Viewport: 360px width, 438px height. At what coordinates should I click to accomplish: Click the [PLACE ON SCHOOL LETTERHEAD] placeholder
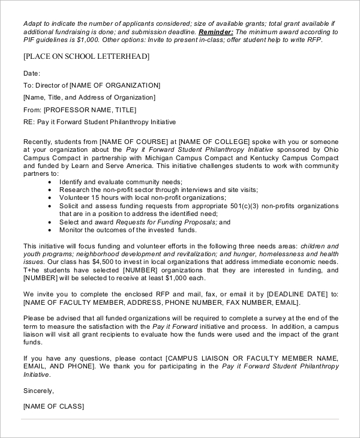click(86, 56)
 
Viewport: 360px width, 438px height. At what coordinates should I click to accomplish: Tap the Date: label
click(32, 73)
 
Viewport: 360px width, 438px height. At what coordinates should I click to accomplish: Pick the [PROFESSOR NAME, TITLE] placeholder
click(90, 110)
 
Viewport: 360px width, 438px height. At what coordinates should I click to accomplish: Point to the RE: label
click(29, 122)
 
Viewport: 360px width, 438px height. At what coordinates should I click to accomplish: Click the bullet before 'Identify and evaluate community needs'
click(49, 181)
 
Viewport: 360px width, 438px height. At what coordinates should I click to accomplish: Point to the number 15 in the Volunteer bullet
click(97, 197)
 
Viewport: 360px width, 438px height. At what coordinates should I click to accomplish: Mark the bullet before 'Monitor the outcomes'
click(49, 230)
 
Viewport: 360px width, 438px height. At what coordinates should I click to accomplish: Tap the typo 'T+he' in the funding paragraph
click(31, 271)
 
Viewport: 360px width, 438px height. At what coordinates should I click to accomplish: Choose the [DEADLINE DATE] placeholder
click(295, 295)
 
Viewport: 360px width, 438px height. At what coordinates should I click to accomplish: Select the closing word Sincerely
click(38, 391)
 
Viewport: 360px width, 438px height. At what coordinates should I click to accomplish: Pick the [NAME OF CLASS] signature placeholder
click(53, 406)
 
